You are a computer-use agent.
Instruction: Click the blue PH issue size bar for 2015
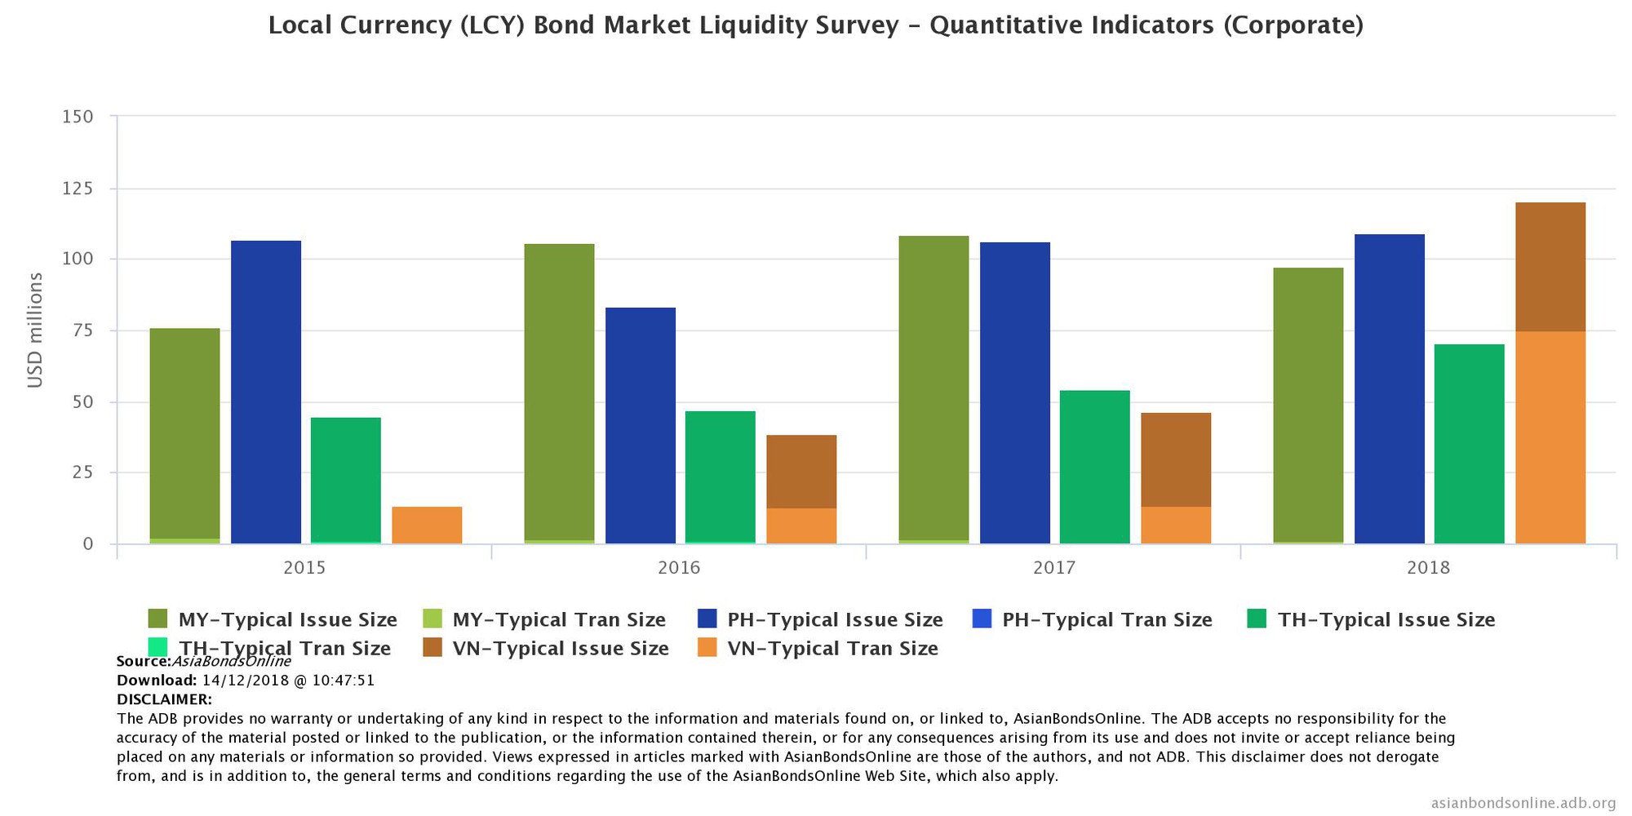pyautogui.click(x=266, y=392)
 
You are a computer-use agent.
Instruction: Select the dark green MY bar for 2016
pyautogui.click(x=559, y=392)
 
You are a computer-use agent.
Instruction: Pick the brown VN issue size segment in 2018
pyautogui.click(x=1550, y=267)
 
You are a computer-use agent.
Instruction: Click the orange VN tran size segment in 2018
pyautogui.click(x=1550, y=437)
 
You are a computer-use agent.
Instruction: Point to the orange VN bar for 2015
pyautogui.click(x=427, y=526)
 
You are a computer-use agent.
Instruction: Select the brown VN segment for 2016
pyautogui.click(x=801, y=472)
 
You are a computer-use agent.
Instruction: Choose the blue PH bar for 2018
pyautogui.click(x=1390, y=388)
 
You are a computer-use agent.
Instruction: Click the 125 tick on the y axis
pyautogui.click(x=78, y=188)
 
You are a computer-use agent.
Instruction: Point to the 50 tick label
pyautogui.click(x=78, y=402)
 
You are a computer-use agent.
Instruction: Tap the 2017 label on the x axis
pyautogui.click(x=1053, y=568)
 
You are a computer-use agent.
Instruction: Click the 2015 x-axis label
pyautogui.click(x=304, y=568)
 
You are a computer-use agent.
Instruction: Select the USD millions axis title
pyautogui.click(x=35, y=330)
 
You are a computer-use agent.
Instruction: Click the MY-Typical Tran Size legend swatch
pyautogui.click(x=432, y=619)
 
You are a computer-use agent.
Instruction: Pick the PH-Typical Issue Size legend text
pyautogui.click(x=835, y=620)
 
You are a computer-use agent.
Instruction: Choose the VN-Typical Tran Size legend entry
pyautogui.click(x=832, y=649)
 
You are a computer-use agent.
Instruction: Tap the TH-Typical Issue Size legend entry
pyautogui.click(x=1386, y=620)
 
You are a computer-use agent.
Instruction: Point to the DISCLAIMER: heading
pyautogui.click(x=164, y=699)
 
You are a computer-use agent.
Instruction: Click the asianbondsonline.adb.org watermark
pyautogui.click(x=1523, y=804)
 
